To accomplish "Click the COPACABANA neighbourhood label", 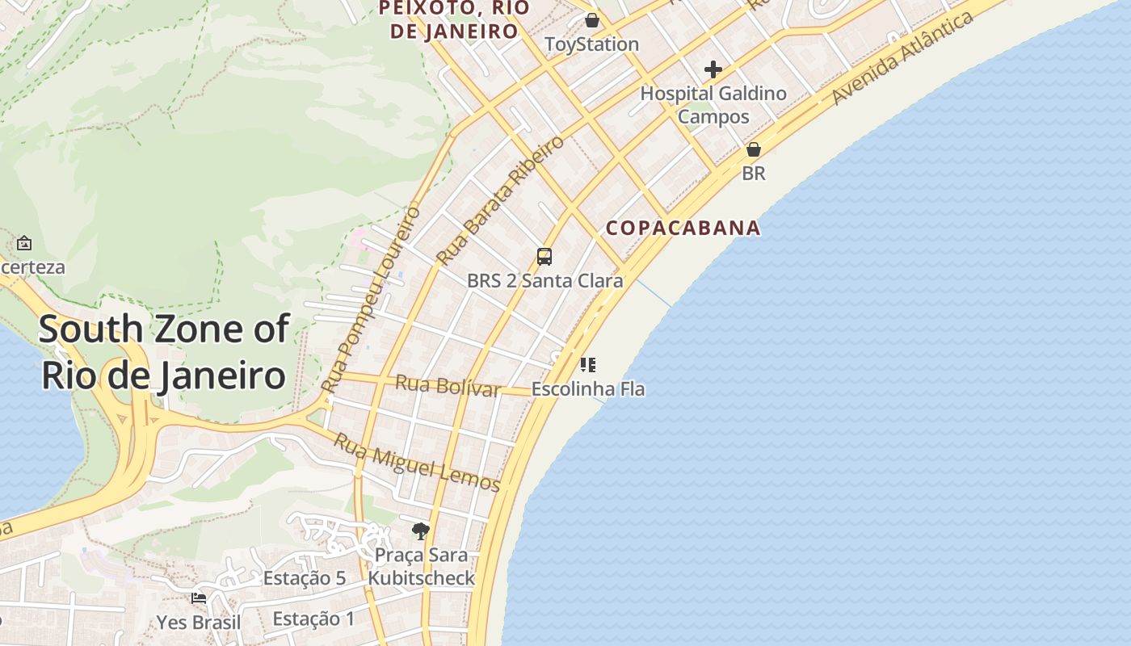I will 683,228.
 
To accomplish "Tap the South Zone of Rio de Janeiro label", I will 164,352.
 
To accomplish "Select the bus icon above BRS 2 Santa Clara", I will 544,257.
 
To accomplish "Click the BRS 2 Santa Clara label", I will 545,281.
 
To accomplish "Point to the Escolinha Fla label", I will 587,388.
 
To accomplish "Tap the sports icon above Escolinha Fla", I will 588,365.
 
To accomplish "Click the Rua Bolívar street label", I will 448,385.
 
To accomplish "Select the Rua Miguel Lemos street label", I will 418,463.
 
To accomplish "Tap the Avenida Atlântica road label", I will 902,58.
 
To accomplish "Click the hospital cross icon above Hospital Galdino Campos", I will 713,69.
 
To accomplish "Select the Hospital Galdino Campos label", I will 713,105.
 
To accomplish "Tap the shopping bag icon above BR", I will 754,149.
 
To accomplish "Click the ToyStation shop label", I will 592,44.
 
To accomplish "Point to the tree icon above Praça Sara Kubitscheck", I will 420,531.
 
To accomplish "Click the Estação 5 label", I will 305,578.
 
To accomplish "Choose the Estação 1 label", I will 313,619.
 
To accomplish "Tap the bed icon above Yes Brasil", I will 199,598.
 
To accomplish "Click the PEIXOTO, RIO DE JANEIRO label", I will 455,19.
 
